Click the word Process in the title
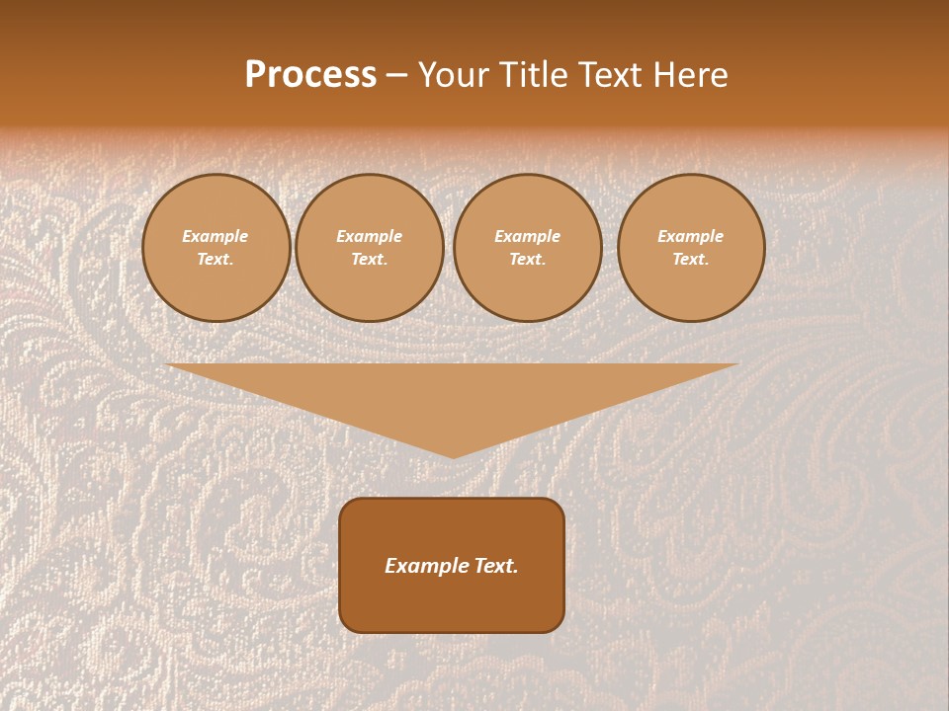coord(310,75)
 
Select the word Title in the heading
coord(535,75)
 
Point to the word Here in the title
coord(690,75)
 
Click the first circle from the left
coord(216,248)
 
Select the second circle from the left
coord(370,248)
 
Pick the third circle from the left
coord(528,248)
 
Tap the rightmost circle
coord(691,248)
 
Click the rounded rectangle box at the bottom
coord(452,565)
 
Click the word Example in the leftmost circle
coord(216,236)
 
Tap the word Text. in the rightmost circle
coord(691,260)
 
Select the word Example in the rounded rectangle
coord(425,566)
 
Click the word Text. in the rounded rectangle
coord(494,566)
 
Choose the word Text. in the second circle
coord(370,260)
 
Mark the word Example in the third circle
coord(528,236)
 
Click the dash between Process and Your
coord(396,76)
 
